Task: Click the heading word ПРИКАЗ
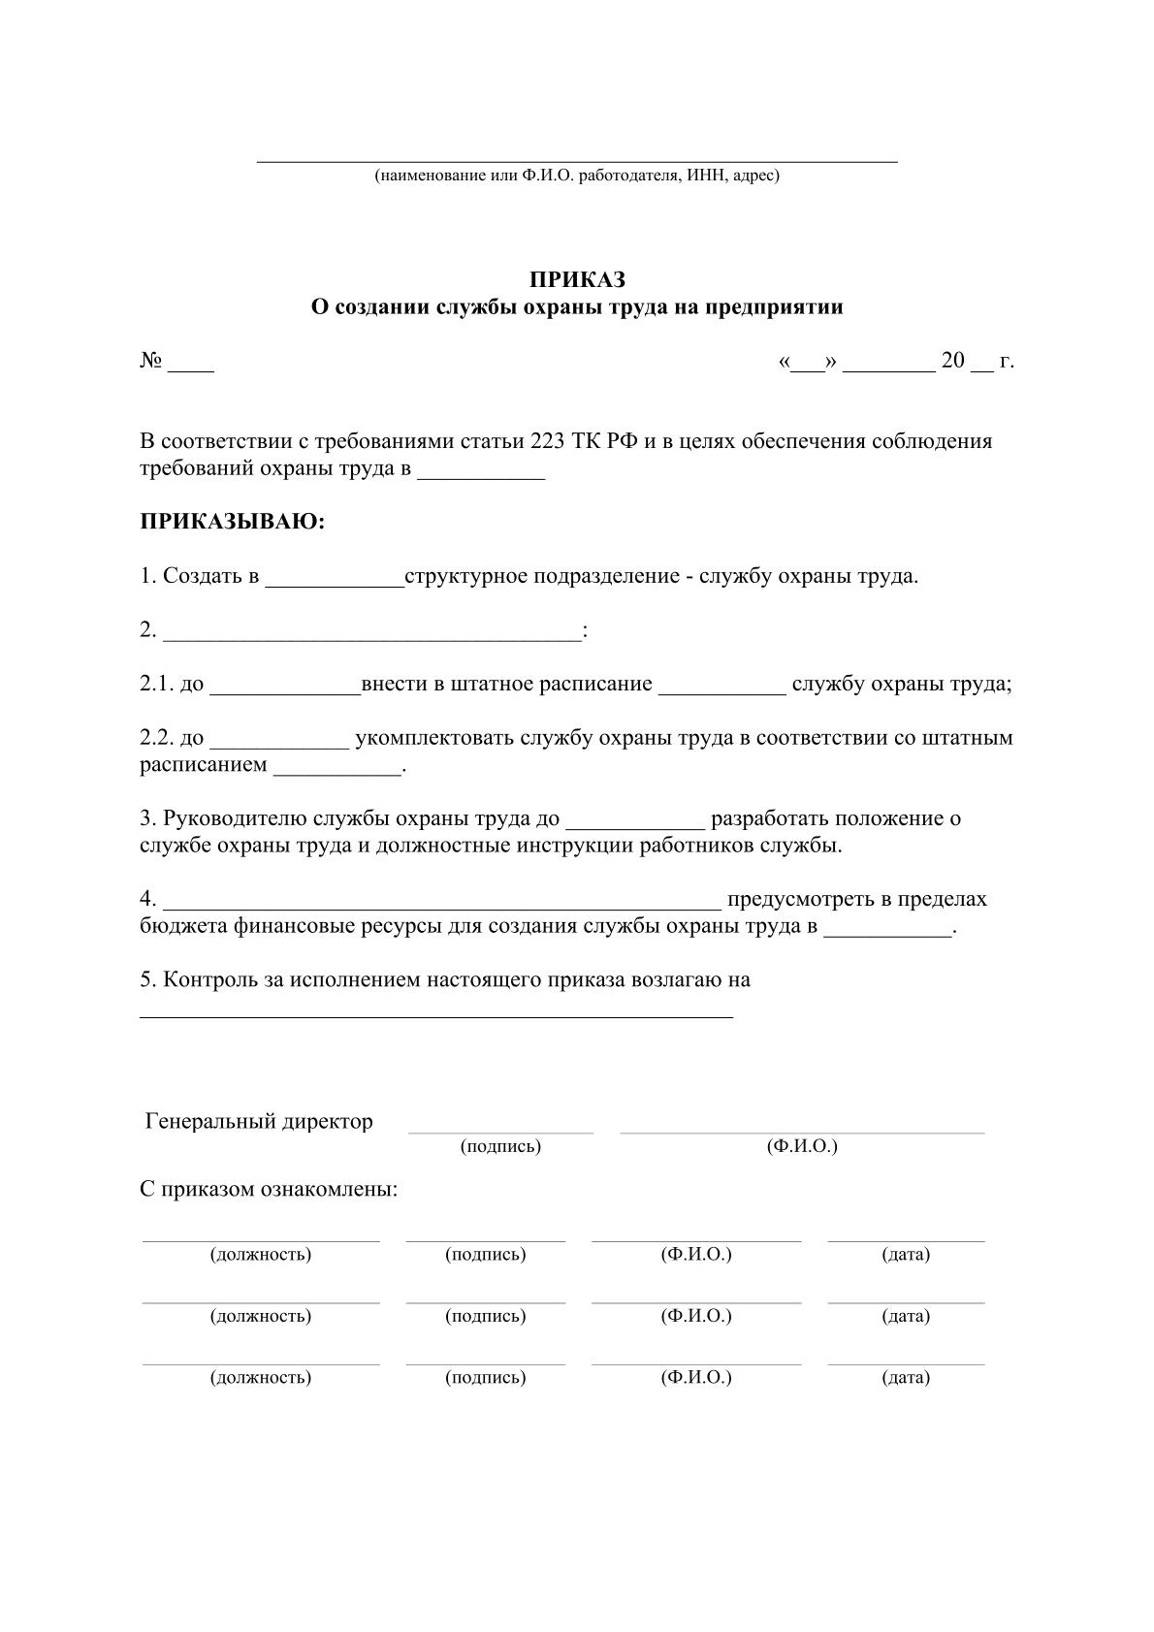(x=577, y=279)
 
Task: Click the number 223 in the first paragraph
(x=550, y=441)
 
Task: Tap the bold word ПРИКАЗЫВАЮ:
(x=233, y=522)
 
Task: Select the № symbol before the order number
(x=150, y=361)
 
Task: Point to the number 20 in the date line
(x=953, y=361)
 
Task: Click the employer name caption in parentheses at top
(x=577, y=176)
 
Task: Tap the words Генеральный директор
(x=259, y=1122)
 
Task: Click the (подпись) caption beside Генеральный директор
(x=500, y=1146)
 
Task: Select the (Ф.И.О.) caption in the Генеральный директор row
(x=802, y=1146)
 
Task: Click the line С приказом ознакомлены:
(x=269, y=1190)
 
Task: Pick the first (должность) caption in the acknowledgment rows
(x=261, y=1254)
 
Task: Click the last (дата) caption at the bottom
(x=906, y=1377)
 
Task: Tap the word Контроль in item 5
(x=209, y=979)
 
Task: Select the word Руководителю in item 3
(x=235, y=818)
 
